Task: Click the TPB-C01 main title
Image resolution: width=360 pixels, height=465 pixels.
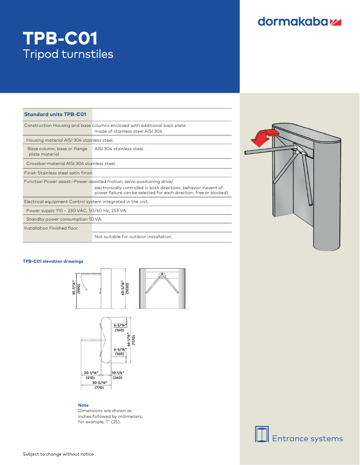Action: pyautogui.click(x=60, y=39)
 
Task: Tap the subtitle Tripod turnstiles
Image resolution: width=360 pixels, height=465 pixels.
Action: pyautogui.click(x=68, y=54)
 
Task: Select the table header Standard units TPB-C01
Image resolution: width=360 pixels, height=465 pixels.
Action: pyautogui.click(x=55, y=114)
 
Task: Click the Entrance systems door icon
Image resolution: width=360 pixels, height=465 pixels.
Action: pyautogui.click(x=261, y=435)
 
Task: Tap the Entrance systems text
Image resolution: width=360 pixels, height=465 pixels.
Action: pyautogui.click(x=307, y=439)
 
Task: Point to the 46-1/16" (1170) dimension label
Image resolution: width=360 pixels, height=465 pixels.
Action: pyautogui.click(x=131, y=339)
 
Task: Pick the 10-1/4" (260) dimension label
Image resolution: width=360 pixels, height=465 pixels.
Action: pyautogui.click(x=118, y=375)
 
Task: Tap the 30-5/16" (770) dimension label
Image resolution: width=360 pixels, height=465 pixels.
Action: pyautogui.click(x=99, y=385)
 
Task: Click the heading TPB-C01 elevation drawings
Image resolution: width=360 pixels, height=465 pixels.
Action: pyautogui.click(x=53, y=261)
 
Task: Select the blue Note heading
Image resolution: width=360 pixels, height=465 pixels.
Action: pyautogui.click(x=83, y=405)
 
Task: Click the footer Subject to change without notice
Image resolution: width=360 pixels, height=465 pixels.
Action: pyautogui.click(x=58, y=454)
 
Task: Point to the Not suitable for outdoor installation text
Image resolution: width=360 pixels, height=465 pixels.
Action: pyautogui.click(x=133, y=236)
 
